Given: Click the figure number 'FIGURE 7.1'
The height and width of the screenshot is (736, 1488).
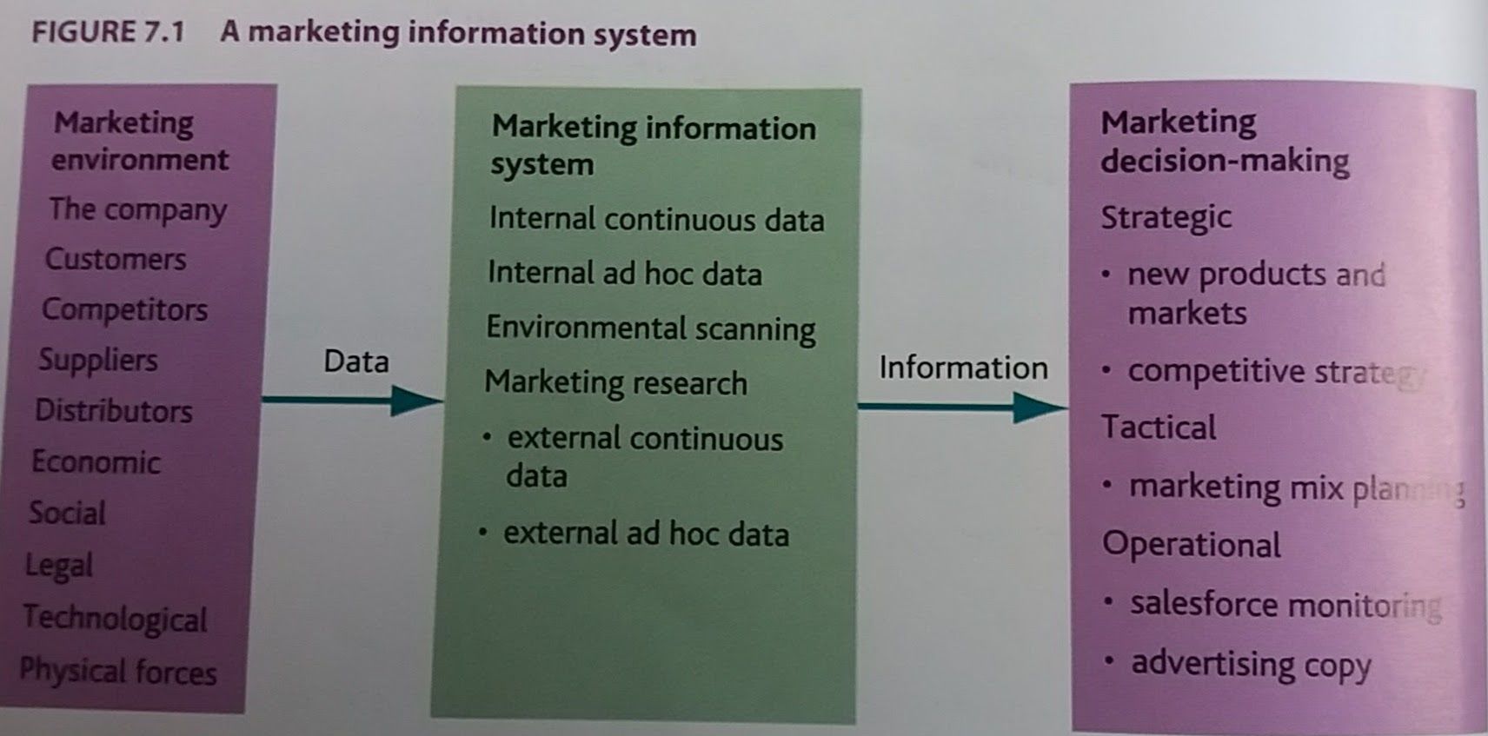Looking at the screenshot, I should click(108, 32).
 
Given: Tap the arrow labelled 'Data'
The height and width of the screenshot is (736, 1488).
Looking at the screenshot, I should click(352, 401).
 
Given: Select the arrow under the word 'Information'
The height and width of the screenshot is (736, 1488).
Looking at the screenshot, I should click(962, 407).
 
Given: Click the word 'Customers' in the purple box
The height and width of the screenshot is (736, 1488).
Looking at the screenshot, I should click(116, 259).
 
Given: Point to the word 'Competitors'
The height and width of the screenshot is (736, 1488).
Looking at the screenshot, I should click(125, 309).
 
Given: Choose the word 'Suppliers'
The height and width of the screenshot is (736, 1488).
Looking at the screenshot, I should click(98, 360).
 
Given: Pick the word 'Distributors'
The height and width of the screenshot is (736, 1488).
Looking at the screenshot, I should click(114, 410).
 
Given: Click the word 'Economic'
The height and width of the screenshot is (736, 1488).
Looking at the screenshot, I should click(96, 461).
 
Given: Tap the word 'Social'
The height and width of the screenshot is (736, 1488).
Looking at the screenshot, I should click(67, 513).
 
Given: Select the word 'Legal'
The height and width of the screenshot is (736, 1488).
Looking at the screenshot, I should click(58, 565).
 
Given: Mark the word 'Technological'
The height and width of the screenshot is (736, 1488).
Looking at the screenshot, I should click(116, 618).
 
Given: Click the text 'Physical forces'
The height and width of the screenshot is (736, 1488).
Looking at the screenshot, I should click(118, 671).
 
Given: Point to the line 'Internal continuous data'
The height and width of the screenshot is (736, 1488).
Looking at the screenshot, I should click(656, 219).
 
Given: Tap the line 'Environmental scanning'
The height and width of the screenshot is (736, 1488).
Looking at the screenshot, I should click(651, 328).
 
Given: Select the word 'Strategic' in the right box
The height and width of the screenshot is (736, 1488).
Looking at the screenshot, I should click(1166, 217).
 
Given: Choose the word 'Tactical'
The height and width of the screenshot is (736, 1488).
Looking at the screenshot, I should click(1159, 428).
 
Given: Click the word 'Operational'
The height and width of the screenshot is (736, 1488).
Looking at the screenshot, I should click(1192, 545).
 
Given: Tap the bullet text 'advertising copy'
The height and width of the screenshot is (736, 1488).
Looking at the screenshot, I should click(1251, 664).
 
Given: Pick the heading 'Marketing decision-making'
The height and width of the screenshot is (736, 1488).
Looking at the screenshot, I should click(1224, 141).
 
